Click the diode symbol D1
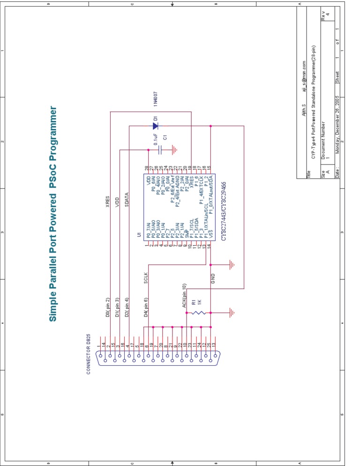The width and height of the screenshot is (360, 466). tap(155, 126)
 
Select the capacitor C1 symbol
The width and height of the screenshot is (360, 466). tap(160, 150)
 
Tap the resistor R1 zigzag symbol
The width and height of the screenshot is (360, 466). tap(198, 312)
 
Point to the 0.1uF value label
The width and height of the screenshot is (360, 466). tap(155, 140)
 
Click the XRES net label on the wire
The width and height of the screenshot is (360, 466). tap(108, 202)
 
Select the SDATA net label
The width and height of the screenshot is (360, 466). tap(127, 199)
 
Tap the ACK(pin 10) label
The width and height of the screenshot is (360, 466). tap(184, 296)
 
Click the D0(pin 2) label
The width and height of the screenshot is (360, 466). tap(108, 308)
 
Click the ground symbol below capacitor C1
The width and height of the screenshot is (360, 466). tap(175, 150)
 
